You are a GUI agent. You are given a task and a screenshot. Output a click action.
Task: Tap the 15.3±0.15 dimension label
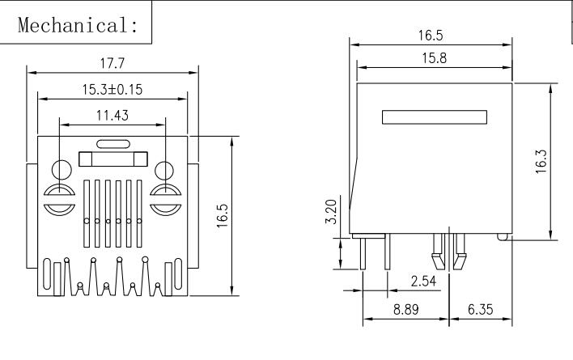pos(111,90)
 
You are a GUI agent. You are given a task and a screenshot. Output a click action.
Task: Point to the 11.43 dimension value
pos(112,116)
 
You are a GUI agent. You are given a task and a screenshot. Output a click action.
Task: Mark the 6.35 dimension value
pos(481,309)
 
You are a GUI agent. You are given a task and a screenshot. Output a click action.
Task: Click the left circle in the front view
pos(61,171)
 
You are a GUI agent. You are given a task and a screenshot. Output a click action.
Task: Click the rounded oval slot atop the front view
pos(112,145)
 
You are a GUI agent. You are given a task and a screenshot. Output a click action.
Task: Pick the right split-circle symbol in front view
pos(164,199)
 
